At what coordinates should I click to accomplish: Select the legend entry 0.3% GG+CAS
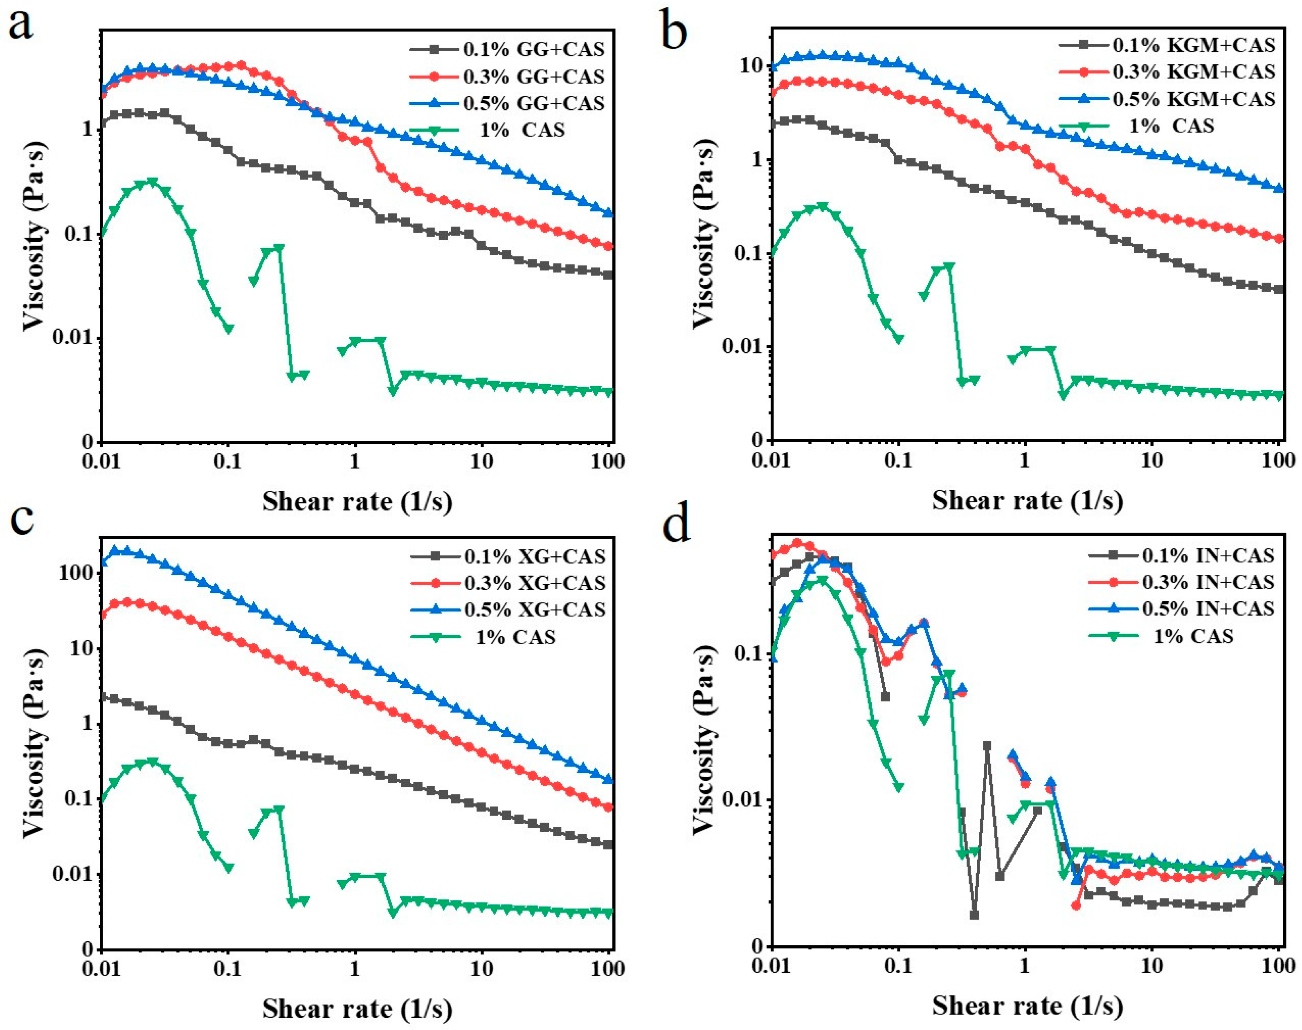point(534,76)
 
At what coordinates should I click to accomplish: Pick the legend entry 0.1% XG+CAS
point(534,556)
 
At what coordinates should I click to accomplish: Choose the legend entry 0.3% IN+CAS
point(1208,582)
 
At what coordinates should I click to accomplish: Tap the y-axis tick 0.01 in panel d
point(740,800)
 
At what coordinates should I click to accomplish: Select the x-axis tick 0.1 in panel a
point(227,462)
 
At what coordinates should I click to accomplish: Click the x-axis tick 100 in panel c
point(608,969)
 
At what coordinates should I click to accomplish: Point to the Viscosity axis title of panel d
point(704,740)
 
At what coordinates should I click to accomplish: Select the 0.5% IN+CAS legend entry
point(1208,609)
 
